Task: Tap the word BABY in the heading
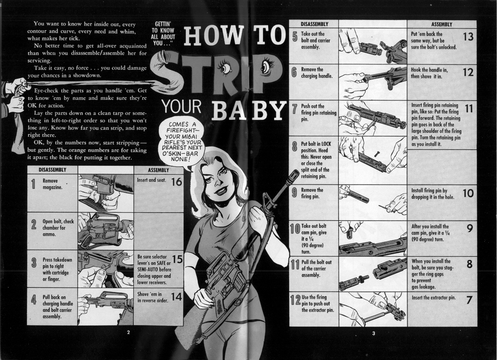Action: pos(249,110)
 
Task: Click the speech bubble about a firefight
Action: pos(181,141)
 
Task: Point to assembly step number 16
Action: pos(177,182)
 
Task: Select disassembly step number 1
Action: pos(33,184)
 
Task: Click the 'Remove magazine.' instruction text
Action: pos(52,184)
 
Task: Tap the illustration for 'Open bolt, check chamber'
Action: pos(106,231)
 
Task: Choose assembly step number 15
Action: pos(177,259)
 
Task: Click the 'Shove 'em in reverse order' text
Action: pos(153,297)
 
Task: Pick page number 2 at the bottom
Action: pos(128,332)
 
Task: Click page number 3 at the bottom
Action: pos(373,333)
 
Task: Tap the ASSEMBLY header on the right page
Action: pos(442,24)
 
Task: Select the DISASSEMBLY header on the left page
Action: pos(52,170)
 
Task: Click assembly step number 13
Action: pos(468,37)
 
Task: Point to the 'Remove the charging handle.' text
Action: pos(317,73)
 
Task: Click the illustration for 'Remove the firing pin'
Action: pos(373,202)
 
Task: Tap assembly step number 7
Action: pos(469,300)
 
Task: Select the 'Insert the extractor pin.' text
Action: pos(434,297)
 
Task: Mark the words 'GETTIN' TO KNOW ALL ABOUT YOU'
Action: pos(163,33)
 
